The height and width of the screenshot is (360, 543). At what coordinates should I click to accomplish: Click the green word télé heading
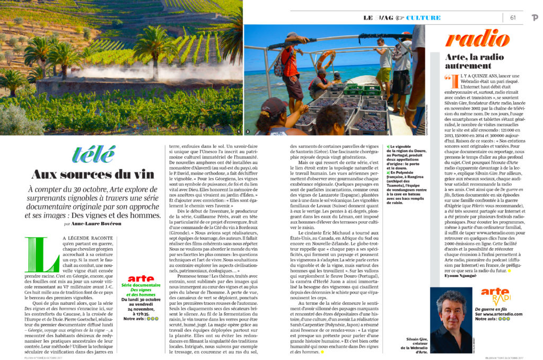(93, 154)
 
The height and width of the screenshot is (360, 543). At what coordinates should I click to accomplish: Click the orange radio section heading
(477, 39)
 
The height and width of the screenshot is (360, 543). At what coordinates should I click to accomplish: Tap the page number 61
(513, 17)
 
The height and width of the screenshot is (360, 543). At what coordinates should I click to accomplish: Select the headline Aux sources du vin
(93, 174)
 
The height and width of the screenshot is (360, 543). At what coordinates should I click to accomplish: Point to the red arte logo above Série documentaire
(141, 278)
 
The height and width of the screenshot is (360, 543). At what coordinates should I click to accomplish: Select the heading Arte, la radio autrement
(474, 60)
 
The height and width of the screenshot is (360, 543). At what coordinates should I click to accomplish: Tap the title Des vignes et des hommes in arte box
(141, 292)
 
